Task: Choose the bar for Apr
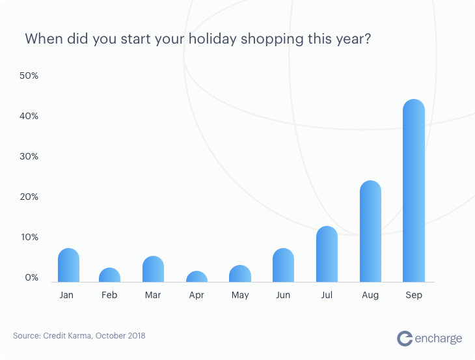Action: click(197, 277)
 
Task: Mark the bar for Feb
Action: click(109, 275)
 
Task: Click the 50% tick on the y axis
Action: click(29, 76)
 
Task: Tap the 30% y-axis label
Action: click(29, 156)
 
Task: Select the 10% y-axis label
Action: click(29, 237)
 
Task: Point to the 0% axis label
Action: click(31, 277)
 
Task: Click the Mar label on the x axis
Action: click(153, 296)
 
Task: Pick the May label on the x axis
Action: click(240, 296)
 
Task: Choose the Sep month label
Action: click(413, 296)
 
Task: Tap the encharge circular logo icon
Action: click(405, 338)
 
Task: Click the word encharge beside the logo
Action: click(439, 339)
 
